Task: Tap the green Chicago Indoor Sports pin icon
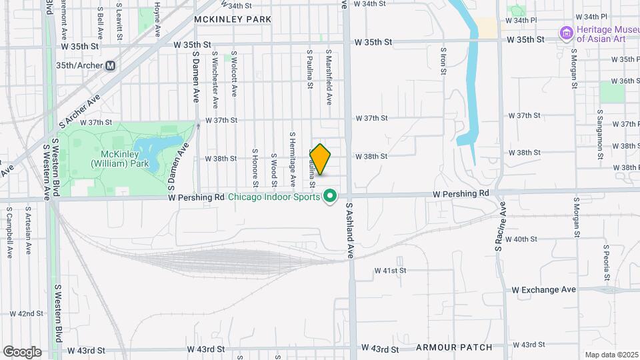329,196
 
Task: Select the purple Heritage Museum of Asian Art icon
567,33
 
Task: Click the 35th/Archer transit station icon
111,66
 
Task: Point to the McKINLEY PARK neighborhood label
233,19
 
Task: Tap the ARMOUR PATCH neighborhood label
453,347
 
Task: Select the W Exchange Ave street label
544,290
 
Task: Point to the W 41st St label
390,271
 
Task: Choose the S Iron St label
443,61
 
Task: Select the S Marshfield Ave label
329,76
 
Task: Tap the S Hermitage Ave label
292,158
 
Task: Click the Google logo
21,352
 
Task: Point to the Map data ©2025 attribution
611,355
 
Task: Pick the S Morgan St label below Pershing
574,217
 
